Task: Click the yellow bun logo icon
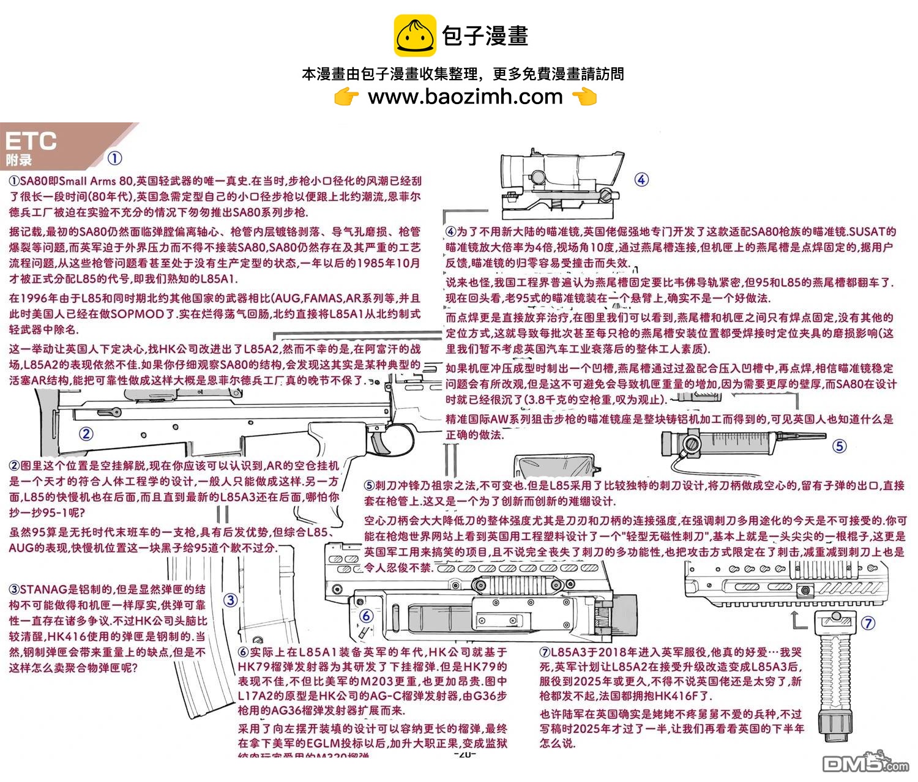tap(415, 35)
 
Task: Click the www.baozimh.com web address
tap(465, 97)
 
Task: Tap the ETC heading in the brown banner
tap(31, 141)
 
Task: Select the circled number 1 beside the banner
tap(115, 158)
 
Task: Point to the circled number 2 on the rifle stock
tap(86, 434)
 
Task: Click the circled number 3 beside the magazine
tap(230, 600)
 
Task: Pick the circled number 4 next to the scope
tap(641, 180)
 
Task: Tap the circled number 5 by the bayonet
tap(840, 447)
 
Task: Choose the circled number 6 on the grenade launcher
tap(366, 616)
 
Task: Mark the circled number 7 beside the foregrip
tap(868, 624)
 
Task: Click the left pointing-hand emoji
tap(346, 97)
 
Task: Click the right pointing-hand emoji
tap(584, 97)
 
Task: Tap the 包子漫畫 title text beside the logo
tap(485, 35)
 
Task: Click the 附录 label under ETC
tap(18, 160)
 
